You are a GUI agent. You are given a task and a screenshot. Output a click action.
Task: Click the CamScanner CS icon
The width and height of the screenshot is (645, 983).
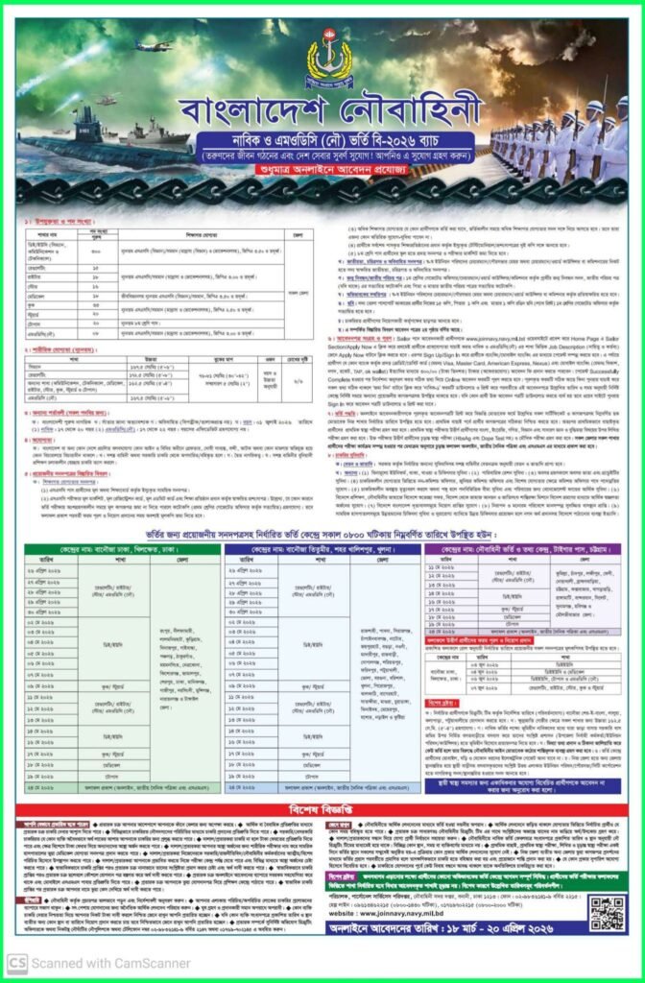(x=16, y=963)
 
